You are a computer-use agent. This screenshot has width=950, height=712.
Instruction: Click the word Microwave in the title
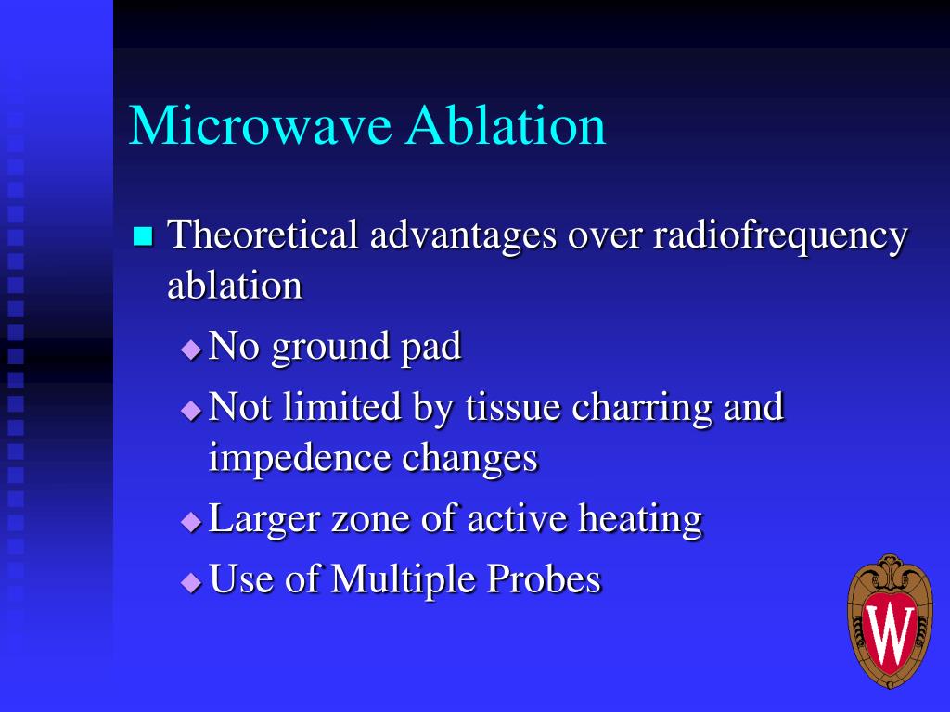[x=260, y=125]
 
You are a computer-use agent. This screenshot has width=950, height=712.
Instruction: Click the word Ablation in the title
[x=506, y=125]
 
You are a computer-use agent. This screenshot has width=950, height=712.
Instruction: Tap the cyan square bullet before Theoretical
[x=142, y=235]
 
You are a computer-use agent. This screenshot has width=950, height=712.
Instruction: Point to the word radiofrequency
[x=779, y=236]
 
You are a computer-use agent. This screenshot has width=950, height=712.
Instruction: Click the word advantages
[x=463, y=235]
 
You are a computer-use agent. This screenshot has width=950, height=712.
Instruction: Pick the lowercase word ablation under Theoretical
[x=235, y=285]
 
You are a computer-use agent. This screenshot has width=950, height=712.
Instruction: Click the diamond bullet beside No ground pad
[x=191, y=350]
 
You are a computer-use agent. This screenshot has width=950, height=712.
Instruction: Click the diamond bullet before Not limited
[x=191, y=410]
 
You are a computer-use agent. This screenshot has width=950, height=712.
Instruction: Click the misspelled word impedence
[x=300, y=459]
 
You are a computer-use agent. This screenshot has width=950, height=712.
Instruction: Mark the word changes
[x=470, y=457]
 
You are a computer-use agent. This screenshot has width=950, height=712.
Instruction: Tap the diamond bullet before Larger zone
[x=191, y=522]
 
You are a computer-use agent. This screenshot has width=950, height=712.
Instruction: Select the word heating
[x=640, y=519]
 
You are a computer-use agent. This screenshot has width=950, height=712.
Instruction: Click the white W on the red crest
[x=889, y=632]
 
